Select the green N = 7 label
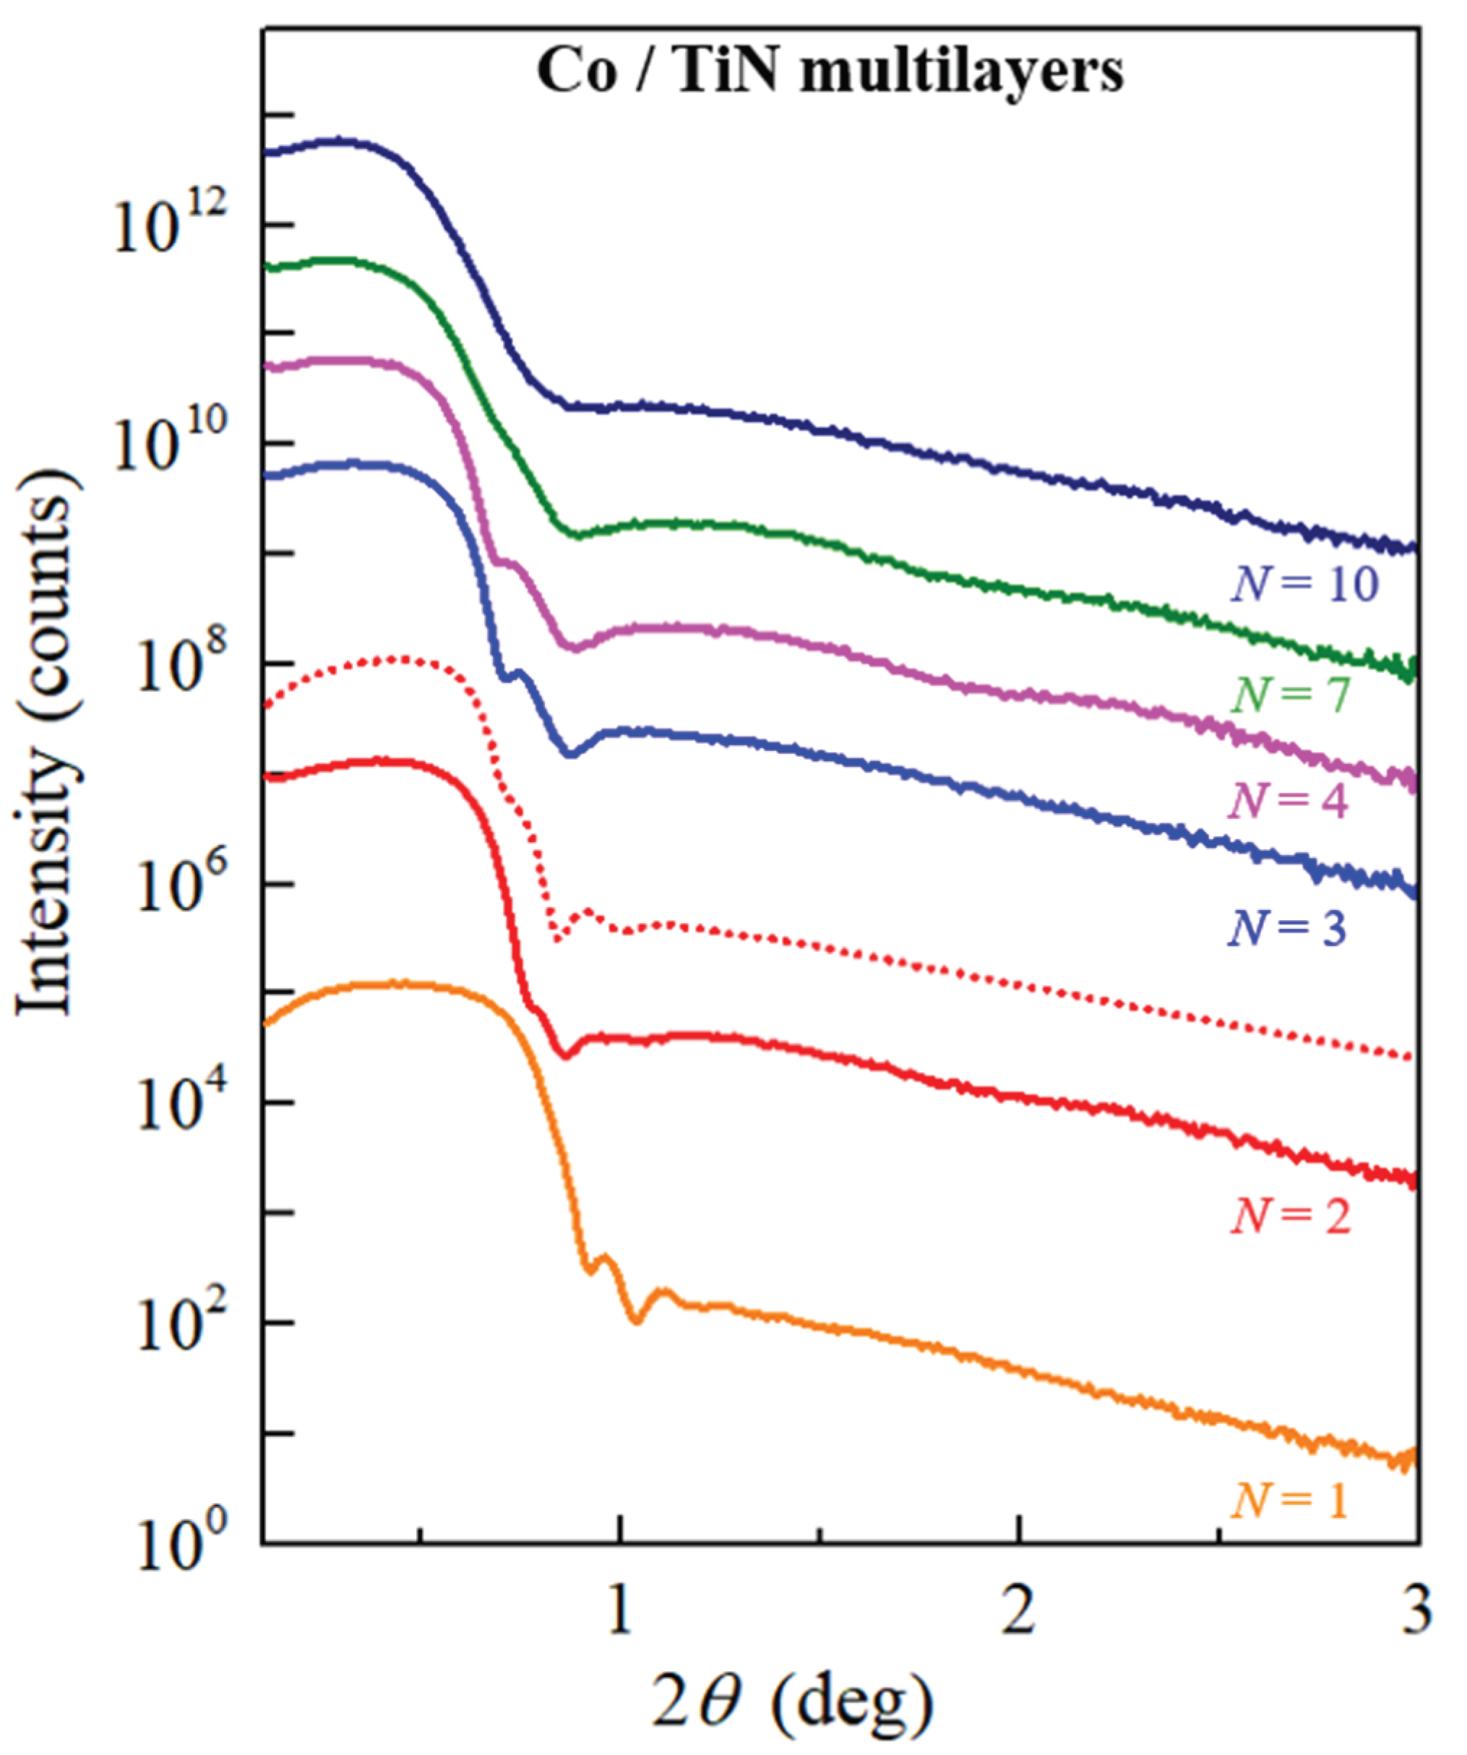click(1291, 695)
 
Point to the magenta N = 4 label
click(1289, 802)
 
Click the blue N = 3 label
click(1287, 927)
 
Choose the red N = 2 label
click(1290, 1216)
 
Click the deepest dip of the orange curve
click(637, 1321)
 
